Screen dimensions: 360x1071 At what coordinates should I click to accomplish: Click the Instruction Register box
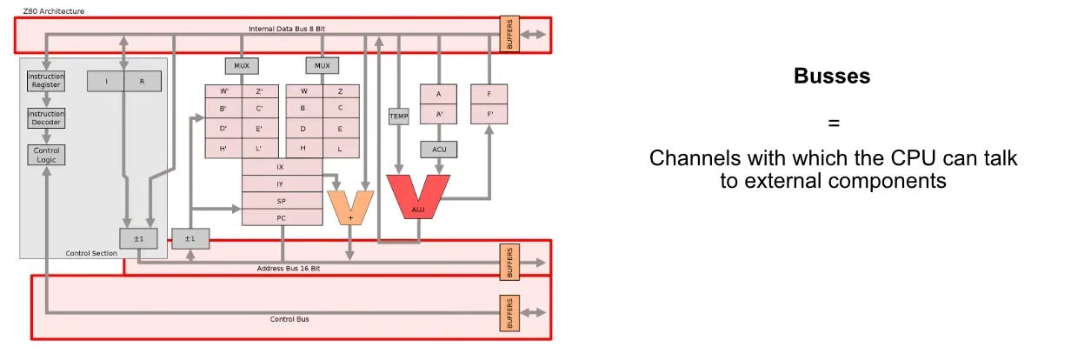[45, 81]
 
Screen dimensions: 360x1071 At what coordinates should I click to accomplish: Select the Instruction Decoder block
[45, 118]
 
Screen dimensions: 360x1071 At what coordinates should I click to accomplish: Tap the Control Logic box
[45, 155]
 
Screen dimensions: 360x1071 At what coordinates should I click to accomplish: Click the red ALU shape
[418, 197]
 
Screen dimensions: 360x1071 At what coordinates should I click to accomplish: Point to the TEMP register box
[398, 116]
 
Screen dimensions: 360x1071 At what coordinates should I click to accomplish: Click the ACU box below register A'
[439, 150]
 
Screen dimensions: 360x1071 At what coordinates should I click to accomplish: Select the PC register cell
[281, 217]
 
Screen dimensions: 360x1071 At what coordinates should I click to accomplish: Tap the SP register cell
[281, 201]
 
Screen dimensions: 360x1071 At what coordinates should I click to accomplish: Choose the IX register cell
[281, 166]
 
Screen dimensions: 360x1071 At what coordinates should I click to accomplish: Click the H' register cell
[223, 149]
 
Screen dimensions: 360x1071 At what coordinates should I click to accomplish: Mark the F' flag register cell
[489, 113]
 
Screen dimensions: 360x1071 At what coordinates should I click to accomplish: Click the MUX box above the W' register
[241, 66]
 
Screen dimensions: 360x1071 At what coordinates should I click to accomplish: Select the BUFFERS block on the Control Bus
[509, 312]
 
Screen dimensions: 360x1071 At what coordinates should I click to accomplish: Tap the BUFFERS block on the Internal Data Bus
[509, 34]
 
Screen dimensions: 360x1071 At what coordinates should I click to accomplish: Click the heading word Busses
[832, 77]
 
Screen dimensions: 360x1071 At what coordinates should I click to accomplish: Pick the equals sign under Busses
[833, 123]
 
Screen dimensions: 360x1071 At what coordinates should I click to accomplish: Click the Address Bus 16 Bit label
[289, 269]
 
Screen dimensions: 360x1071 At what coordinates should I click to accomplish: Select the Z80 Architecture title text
[49, 10]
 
